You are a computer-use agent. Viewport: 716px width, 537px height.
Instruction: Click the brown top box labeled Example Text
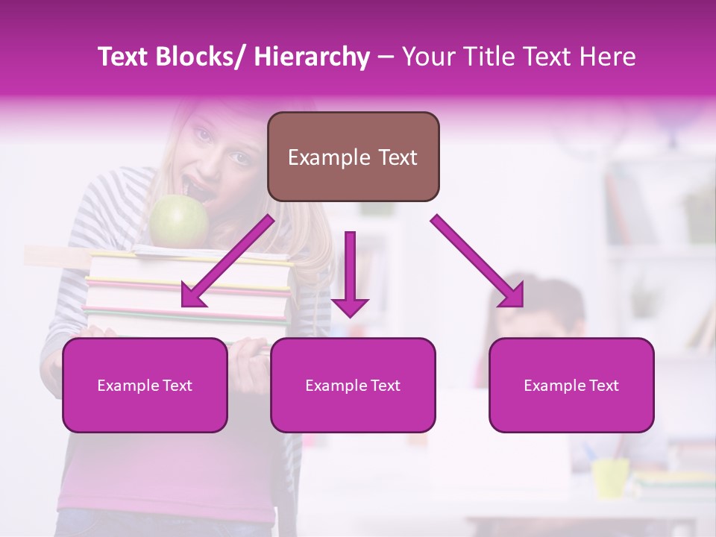(353, 157)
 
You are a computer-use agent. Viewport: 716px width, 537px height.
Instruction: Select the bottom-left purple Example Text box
(145, 385)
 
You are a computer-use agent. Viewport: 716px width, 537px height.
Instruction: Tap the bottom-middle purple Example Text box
(353, 385)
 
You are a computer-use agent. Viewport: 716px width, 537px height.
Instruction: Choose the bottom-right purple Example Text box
(571, 385)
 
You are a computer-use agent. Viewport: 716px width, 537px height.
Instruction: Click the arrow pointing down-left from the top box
(227, 261)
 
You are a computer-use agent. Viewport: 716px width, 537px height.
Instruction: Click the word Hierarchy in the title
(312, 57)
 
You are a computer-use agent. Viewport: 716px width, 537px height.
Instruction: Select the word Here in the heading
(608, 57)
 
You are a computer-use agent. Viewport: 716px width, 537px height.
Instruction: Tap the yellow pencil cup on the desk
(610, 477)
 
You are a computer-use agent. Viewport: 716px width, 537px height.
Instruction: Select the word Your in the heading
(427, 57)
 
